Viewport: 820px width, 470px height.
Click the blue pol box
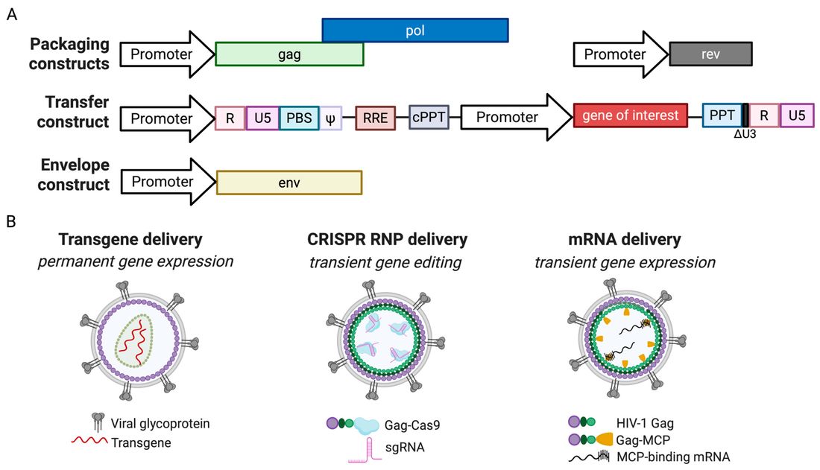pos(415,30)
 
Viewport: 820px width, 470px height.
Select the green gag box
pos(289,54)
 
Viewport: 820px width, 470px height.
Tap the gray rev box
pos(710,54)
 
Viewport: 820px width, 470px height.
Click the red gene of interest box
pos(630,115)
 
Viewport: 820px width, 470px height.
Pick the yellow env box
pos(288,182)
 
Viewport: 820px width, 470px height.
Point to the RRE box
pos(374,118)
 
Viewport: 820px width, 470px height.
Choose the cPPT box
pos(429,118)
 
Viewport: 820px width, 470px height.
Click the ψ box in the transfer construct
pos(331,118)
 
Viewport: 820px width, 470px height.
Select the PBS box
pos(299,118)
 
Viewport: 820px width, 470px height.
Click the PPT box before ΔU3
pos(722,115)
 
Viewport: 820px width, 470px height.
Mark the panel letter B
pos(10,222)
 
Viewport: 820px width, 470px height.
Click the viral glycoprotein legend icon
pos(98,422)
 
